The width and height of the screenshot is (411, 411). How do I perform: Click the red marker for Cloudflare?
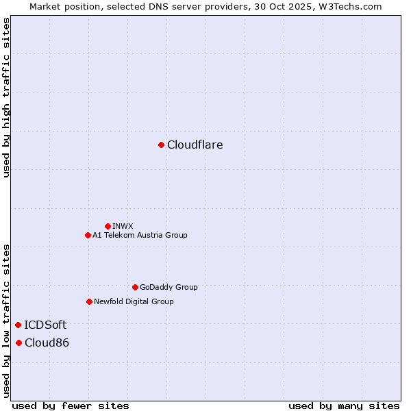pos(161,145)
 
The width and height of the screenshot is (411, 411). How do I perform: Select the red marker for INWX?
pos(108,226)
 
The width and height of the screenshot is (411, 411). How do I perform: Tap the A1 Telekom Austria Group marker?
pos(88,235)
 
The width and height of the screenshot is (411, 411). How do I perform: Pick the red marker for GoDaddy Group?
pos(135,287)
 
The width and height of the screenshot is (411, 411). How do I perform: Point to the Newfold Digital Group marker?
pos(89,301)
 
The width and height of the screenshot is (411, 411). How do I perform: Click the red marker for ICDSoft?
pos(18,325)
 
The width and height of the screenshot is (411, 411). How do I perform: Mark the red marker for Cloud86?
pos(18,342)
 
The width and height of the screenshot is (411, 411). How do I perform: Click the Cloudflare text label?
pos(195,145)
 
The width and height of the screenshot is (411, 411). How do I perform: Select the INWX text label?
pos(123,226)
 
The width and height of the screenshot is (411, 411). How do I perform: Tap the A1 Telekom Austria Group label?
pos(140,235)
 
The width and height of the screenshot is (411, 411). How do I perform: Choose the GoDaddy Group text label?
pos(168,287)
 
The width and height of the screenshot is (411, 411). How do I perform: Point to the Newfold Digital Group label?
pos(134,301)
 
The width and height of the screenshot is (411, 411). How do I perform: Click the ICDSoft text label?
pos(45,325)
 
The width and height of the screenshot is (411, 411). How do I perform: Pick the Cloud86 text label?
pos(47,342)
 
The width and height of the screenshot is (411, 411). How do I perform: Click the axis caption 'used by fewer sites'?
pos(71,406)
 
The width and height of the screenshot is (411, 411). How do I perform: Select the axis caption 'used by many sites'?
pos(344,406)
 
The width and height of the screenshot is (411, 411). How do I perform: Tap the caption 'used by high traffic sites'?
pos(6,97)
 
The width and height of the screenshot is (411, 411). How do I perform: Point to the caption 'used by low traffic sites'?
pos(6,320)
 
